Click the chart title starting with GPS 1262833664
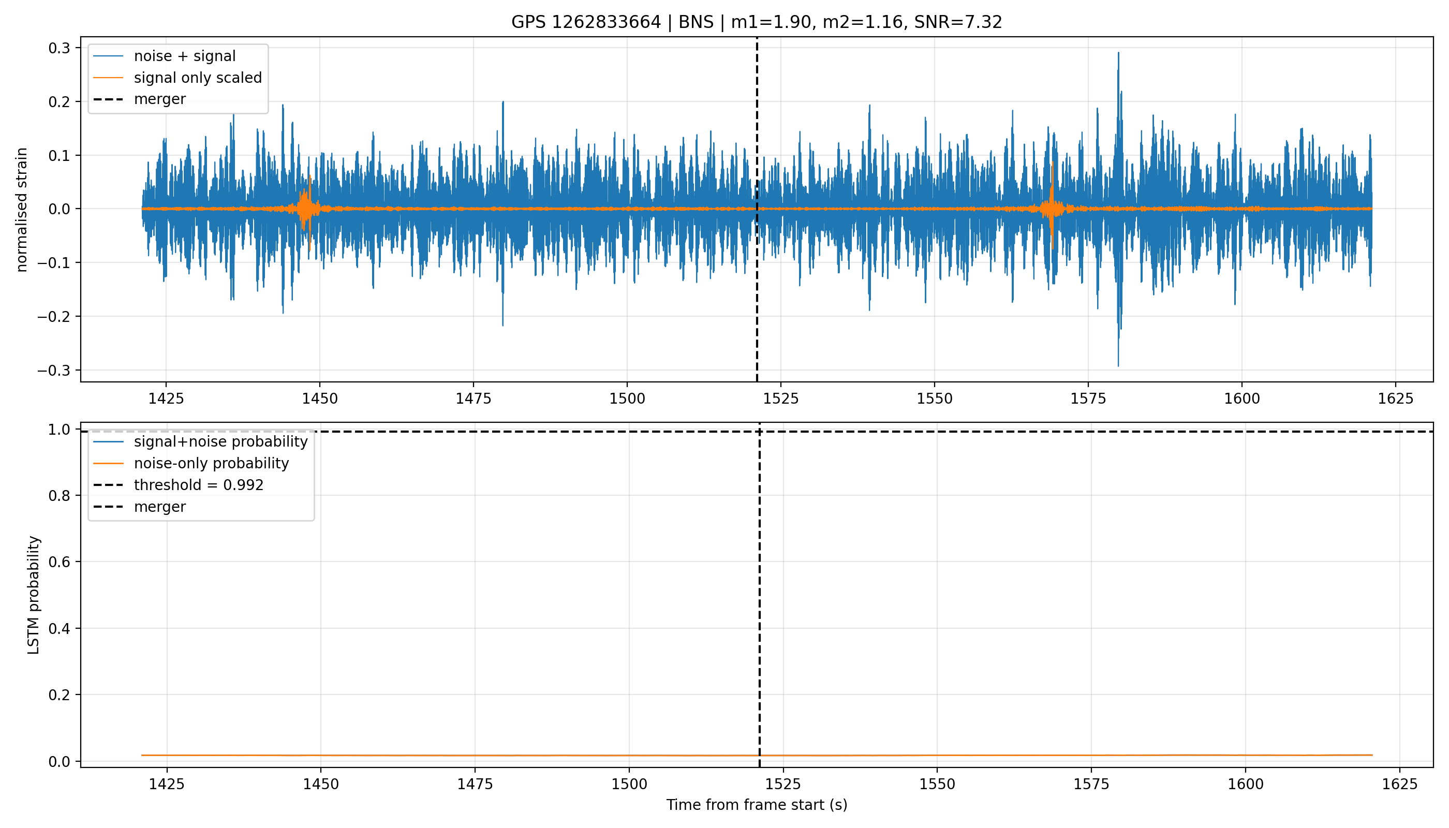click(x=757, y=22)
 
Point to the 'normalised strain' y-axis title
click(x=22, y=210)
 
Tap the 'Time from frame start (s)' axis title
click(x=757, y=805)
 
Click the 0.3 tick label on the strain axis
click(x=59, y=48)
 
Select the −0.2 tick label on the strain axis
click(x=54, y=316)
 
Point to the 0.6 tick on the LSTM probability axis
click(x=60, y=562)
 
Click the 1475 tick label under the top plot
click(x=473, y=398)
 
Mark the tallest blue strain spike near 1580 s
click(x=1118, y=53)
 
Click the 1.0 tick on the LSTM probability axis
click(x=60, y=430)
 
